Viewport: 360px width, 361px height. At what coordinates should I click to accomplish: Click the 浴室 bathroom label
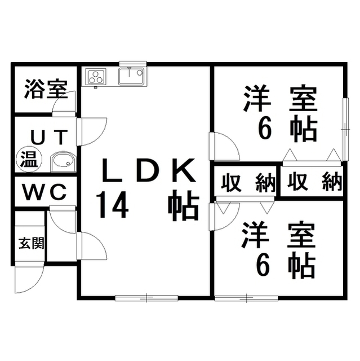(x=46, y=89)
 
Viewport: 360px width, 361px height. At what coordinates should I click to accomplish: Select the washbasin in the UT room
(x=63, y=162)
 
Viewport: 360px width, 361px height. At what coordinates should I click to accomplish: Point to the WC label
(x=45, y=192)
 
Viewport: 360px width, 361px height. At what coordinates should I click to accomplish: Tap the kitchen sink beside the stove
(x=132, y=76)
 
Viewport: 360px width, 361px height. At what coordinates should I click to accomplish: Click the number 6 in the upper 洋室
(x=265, y=130)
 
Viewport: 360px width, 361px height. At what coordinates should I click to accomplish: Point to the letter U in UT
(x=37, y=137)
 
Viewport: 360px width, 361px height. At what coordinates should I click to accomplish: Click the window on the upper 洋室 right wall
(x=344, y=122)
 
